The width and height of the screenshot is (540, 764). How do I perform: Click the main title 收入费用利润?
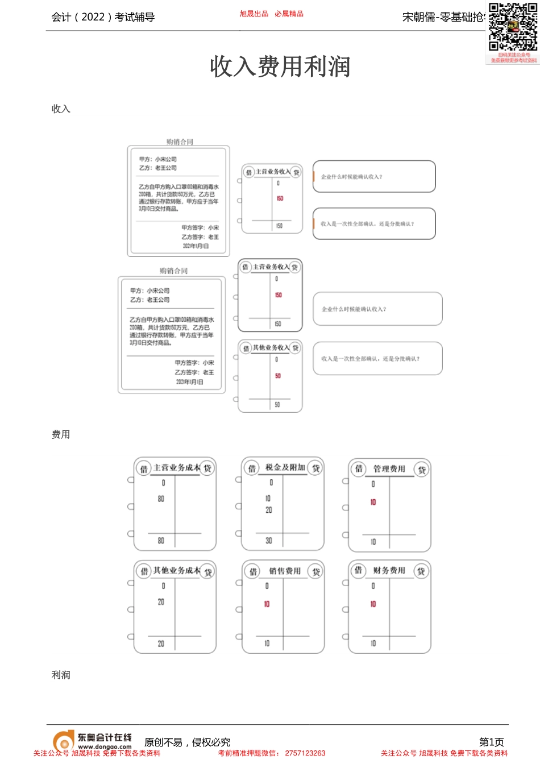(280, 67)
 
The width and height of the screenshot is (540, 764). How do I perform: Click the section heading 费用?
(61, 434)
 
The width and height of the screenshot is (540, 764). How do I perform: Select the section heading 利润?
(61, 675)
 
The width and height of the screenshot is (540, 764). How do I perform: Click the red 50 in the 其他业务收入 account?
(277, 376)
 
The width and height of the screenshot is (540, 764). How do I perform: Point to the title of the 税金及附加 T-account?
(285, 467)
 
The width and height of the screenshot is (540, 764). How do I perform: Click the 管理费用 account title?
(389, 468)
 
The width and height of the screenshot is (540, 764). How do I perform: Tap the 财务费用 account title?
(389, 570)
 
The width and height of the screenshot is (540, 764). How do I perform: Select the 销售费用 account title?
(285, 571)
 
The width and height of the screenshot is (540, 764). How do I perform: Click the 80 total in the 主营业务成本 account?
(161, 541)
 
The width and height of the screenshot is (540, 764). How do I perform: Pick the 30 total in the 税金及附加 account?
(269, 541)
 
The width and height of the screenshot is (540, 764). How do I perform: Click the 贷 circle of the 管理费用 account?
(422, 470)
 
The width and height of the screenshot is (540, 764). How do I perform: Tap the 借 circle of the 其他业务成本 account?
(144, 571)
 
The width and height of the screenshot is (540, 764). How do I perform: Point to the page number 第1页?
(491, 742)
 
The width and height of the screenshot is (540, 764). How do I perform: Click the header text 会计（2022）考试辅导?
(103, 17)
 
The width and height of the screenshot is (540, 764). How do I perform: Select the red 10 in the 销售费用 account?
(267, 604)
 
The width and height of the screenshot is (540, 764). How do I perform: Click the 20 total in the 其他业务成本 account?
(161, 643)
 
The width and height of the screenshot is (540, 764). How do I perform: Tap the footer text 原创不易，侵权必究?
(188, 742)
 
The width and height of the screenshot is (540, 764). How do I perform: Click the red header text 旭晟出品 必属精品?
(271, 14)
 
